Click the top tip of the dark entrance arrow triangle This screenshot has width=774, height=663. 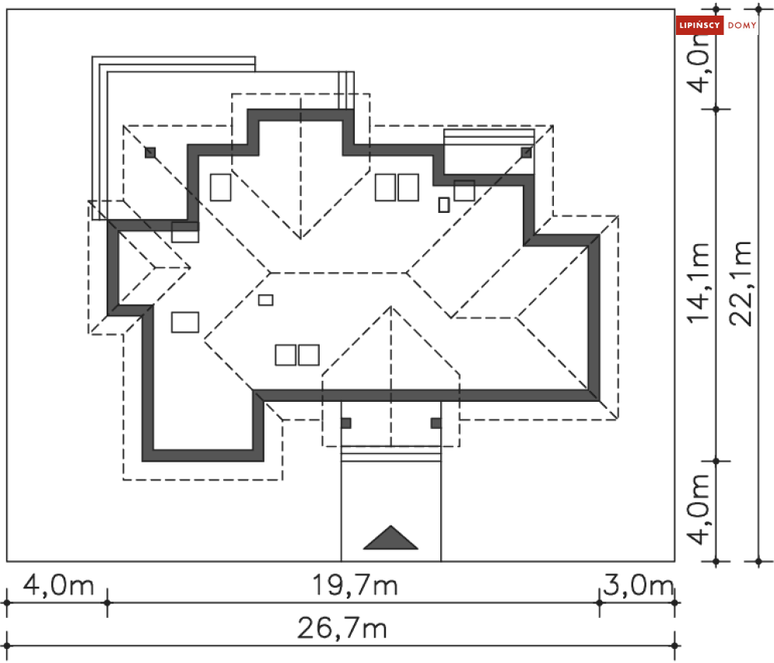click(x=391, y=526)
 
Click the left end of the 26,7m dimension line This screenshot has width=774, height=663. click(x=7, y=645)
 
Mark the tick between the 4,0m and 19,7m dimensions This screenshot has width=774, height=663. click(x=107, y=602)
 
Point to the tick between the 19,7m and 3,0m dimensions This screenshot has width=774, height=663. click(x=599, y=602)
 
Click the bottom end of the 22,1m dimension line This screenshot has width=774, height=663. click(x=758, y=561)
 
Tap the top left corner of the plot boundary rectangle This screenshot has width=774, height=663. click(x=7, y=9)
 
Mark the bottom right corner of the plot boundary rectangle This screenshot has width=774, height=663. click(x=674, y=561)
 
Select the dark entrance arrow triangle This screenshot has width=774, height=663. click(x=391, y=538)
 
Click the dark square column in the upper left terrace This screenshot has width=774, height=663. click(x=150, y=152)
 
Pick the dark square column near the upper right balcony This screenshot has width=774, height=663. click(x=526, y=152)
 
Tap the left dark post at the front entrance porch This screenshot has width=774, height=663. click(x=346, y=423)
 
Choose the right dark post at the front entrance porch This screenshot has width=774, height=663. click(x=436, y=423)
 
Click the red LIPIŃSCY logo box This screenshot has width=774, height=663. click(x=699, y=25)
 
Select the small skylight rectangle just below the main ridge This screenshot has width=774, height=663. click(x=265, y=300)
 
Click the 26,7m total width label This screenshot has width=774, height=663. click(x=342, y=628)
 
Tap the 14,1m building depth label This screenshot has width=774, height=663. click(x=699, y=284)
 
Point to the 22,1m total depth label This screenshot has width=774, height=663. click(x=741, y=284)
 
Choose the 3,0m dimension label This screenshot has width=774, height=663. click(x=638, y=585)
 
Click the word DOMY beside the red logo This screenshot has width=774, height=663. click(x=742, y=25)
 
